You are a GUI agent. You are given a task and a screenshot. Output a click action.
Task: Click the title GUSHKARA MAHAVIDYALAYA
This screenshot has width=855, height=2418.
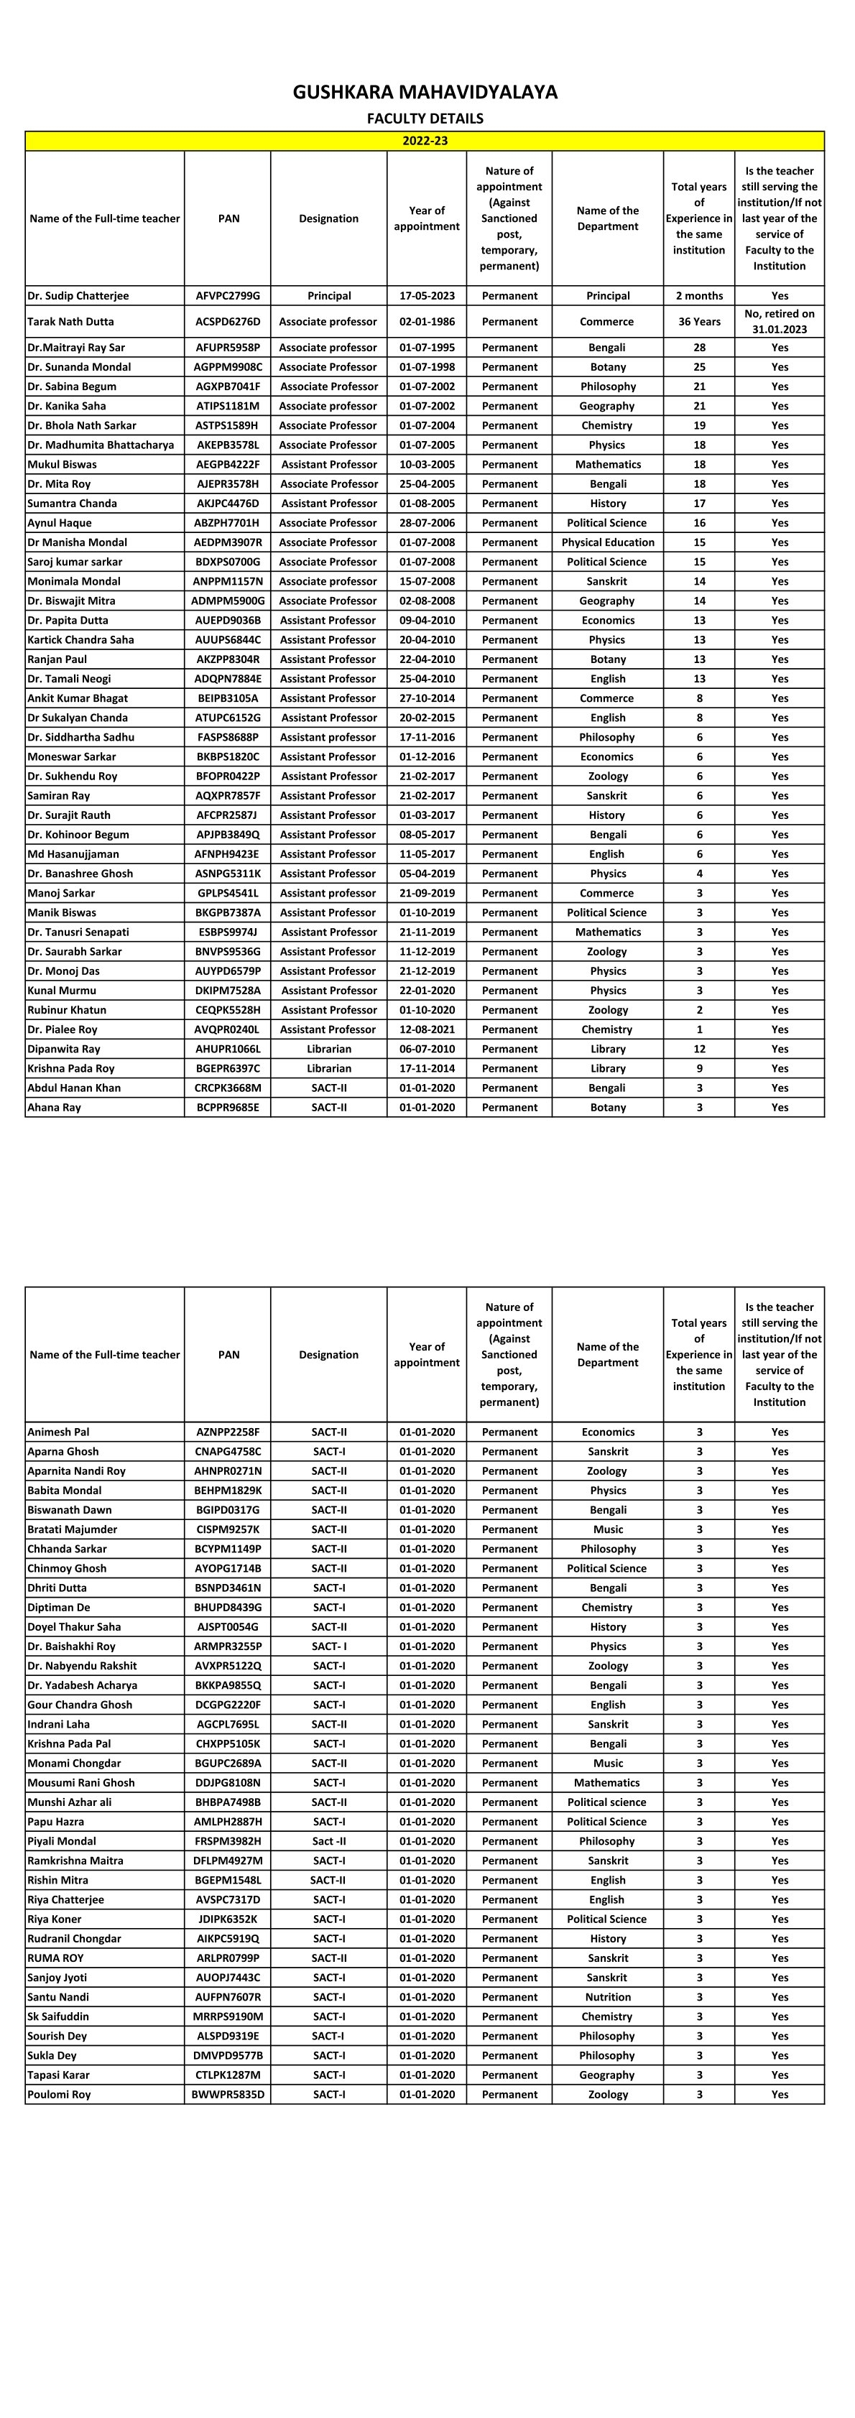(425, 92)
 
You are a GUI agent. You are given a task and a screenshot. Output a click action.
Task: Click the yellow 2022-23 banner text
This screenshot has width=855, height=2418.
(425, 141)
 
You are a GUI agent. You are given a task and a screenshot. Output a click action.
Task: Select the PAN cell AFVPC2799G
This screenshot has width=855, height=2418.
(228, 296)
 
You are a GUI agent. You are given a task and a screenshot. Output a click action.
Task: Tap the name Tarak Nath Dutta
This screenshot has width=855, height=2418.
(70, 322)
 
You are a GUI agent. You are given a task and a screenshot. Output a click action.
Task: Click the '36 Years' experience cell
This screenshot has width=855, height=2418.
(699, 322)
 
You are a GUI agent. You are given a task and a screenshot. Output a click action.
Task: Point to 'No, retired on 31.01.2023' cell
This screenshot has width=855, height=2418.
(779, 322)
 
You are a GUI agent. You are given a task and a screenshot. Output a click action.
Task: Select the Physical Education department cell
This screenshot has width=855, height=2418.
(607, 542)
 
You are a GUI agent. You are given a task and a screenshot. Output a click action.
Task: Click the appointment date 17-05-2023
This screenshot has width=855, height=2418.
(427, 296)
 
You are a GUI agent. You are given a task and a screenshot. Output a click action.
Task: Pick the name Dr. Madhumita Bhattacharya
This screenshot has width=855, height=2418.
(101, 445)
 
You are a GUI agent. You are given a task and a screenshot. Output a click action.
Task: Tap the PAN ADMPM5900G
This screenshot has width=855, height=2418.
(228, 601)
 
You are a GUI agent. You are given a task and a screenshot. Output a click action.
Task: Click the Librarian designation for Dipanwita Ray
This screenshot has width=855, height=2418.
(328, 1049)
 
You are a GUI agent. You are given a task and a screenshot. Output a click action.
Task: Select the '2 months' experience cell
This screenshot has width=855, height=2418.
(699, 296)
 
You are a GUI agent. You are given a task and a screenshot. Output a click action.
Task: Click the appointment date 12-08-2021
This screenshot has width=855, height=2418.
(427, 1029)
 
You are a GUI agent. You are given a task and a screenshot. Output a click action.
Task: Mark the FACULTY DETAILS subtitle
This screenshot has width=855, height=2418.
(425, 119)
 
